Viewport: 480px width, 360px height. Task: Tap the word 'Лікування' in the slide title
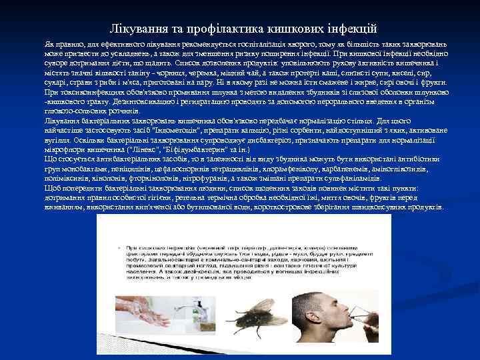[134, 29]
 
